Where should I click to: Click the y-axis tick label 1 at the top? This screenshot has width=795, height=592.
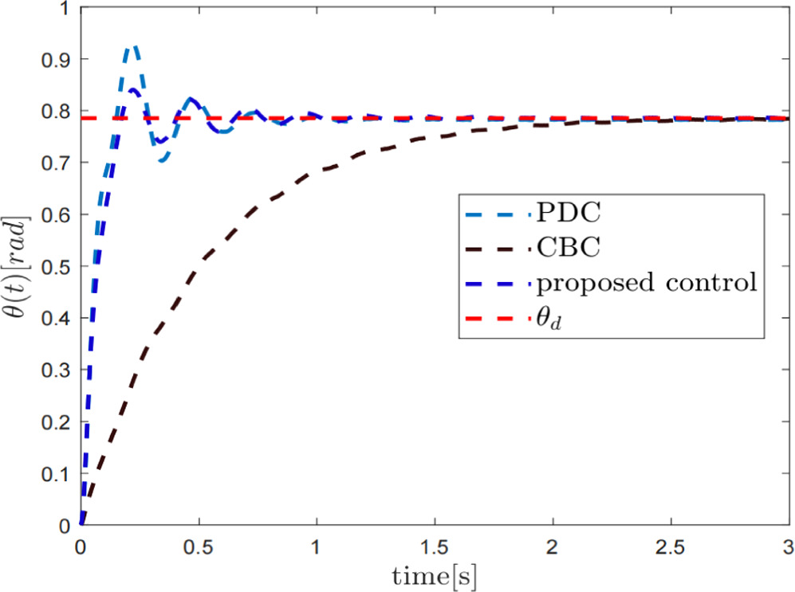coord(64,9)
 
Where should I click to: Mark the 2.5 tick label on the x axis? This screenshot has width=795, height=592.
coord(670,547)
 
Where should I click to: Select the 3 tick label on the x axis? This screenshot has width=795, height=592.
coord(786,547)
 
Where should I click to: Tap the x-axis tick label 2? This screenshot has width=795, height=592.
coord(552,547)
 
